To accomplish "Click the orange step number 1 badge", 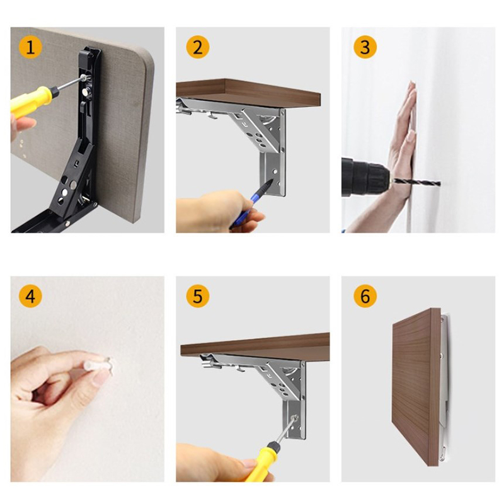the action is point(30,47).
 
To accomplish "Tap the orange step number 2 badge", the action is point(198,47).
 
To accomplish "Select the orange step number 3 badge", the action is point(365,47).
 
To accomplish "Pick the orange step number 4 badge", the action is point(30,295).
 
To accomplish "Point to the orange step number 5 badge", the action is point(198,295).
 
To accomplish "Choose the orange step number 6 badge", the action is point(365,295).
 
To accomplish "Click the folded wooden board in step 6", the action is point(416,387).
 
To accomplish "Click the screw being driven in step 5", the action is point(294,418).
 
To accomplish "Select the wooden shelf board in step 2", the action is point(248,93).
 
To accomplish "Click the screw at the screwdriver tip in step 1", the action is point(84,77).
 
